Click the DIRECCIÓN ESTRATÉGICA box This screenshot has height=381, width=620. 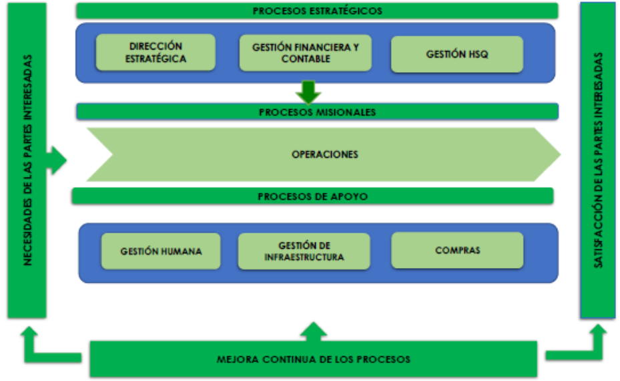click(x=156, y=53)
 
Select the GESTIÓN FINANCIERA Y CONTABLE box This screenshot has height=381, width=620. click(x=305, y=53)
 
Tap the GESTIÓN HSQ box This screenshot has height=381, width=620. click(x=456, y=53)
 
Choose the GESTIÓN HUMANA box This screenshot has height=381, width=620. click(x=161, y=251)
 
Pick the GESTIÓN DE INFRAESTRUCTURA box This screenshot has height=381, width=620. click(x=304, y=251)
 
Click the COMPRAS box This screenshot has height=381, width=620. click(x=456, y=251)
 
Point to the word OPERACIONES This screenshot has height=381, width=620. click(x=324, y=154)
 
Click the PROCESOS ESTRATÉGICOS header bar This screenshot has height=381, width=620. click(x=317, y=11)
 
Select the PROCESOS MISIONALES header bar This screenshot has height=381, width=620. click(x=317, y=112)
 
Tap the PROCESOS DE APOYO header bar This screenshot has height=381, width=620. click(x=312, y=197)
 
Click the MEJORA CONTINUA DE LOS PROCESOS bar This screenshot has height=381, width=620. click(x=313, y=360)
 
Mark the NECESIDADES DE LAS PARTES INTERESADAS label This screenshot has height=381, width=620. click(x=27, y=160)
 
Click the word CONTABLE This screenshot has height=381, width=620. click(x=305, y=59)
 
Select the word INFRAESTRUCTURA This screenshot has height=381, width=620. click(x=304, y=257)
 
